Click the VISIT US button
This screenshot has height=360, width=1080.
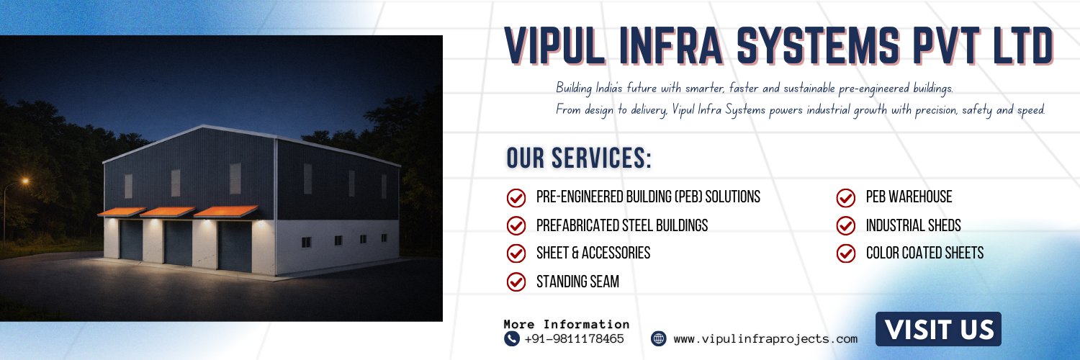[x=938, y=329]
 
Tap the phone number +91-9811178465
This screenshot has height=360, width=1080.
[x=574, y=339]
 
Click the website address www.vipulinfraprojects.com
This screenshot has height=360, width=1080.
[x=765, y=339]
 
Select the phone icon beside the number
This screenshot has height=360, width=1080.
[x=511, y=339]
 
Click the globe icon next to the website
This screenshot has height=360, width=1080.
[x=659, y=338]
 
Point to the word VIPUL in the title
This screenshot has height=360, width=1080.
[x=555, y=46]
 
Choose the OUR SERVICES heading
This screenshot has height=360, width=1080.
[x=579, y=158]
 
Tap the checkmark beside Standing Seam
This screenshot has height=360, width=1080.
[x=516, y=282]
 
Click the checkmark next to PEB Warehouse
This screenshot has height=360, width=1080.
[x=846, y=197]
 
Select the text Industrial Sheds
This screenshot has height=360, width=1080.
[x=913, y=225]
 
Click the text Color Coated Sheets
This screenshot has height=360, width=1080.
[x=924, y=253]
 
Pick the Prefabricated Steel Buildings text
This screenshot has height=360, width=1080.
[x=622, y=225]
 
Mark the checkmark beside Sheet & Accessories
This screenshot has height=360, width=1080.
[x=516, y=253]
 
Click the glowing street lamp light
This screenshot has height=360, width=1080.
[x=25, y=181]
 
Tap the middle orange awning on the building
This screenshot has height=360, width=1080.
[x=168, y=212]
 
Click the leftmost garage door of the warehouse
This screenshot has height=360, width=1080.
[x=131, y=240]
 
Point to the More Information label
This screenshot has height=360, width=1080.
[x=567, y=324]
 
